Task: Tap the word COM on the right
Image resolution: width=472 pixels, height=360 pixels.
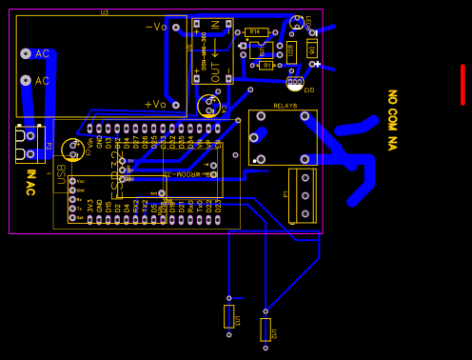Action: pos(391,120)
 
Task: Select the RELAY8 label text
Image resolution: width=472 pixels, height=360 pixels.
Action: pos(285,106)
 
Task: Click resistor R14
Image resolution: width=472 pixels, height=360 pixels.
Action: pos(255,32)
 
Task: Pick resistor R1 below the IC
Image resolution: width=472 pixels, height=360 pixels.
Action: pos(265,65)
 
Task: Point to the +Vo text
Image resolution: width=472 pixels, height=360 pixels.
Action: pos(155,104)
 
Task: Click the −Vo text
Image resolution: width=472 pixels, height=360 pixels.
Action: pos(156,27)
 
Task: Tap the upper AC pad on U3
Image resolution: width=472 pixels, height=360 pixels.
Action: pos(26,54)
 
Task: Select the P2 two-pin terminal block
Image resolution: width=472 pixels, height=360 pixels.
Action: pos(29,144)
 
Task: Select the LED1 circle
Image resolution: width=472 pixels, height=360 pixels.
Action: pos(297,21)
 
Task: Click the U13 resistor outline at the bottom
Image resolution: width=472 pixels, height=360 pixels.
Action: pos(228,316)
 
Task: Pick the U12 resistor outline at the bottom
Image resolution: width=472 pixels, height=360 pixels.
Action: pos(265,330)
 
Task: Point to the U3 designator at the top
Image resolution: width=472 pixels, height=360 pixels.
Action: pos(104,11)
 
